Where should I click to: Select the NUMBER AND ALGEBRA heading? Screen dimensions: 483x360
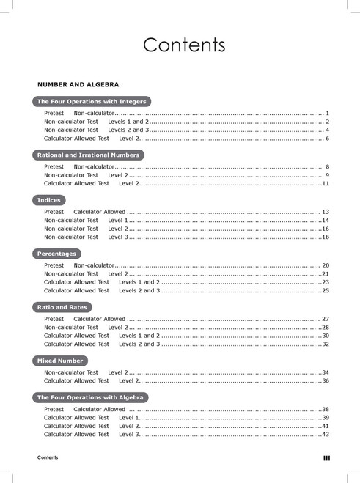click(78, 85)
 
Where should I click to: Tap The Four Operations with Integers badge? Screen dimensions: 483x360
click(92, 101)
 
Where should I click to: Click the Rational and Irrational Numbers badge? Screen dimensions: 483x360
click(87, 155)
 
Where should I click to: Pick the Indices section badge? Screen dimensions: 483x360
click(48, 200)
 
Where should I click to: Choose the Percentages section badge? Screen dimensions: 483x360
click(56, 254)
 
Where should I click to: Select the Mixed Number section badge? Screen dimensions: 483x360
click(60, 361)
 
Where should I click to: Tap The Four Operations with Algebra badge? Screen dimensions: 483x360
click(89, 397)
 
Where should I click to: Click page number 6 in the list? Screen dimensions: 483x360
click(327, 139)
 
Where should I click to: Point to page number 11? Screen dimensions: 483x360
click(325, 184)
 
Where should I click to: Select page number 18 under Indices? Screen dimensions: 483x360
click(325, 237)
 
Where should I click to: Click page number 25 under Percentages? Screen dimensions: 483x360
click(325, 291)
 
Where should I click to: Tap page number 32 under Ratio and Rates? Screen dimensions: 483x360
click(325, 344)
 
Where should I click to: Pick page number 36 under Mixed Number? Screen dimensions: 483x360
click(325, 381)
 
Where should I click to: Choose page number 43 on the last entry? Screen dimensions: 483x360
click(325, 435)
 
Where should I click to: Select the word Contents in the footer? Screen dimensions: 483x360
click(48, 457)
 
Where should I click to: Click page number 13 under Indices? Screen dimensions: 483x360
click(325, 211)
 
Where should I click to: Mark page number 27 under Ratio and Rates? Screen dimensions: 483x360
click(325, 319)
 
